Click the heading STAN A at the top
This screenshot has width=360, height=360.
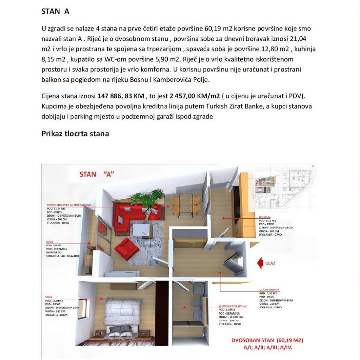coord(55,11)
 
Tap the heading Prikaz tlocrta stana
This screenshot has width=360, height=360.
coord(75,134)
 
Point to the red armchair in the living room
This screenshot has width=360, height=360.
coord(127,248)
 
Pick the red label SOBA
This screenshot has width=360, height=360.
coord(49,297)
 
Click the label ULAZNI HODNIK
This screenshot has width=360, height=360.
coord(270,289)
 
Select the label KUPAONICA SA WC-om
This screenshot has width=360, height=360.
coord(232,307)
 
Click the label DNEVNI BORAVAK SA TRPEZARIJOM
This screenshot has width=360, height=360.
coord(69,204)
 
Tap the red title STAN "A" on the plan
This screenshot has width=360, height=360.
coord(97,174)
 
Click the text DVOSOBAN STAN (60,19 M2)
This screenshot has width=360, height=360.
coord(267,340)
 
